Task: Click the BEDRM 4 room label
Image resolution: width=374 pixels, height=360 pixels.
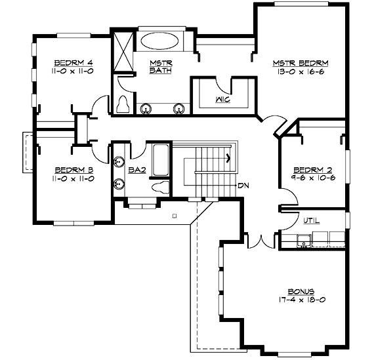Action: [x=73, y=63]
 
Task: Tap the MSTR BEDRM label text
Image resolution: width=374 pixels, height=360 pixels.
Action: [x=301, y=63]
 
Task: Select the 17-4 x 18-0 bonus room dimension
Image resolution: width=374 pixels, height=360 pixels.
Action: [x=302, y=300]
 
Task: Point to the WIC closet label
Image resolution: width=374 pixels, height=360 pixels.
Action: [x=223, y=100]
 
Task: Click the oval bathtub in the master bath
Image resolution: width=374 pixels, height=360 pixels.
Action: [x=159, y=41]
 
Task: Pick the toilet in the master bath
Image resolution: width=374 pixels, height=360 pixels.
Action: [x=123, y=104]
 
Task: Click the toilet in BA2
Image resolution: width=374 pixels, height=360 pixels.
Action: [x=160, y=187]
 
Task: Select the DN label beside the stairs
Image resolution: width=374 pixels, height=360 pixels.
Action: [x=243, y=186]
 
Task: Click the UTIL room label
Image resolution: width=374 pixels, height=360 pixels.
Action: [x=311, y=221]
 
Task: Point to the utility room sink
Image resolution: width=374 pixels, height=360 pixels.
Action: [x=304, y=240]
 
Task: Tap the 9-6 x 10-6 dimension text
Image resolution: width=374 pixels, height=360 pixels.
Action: [x=313, y=178]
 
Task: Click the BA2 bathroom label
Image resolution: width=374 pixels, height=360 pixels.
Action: [x=137, y=170]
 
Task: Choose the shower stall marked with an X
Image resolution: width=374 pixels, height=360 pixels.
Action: [x=123, y=51]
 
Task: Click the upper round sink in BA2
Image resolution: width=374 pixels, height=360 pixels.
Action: [x=119, y=162]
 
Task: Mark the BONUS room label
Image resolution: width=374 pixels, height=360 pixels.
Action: [x=301, y=292]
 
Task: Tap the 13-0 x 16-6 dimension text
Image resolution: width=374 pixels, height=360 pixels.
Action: [x=301, y=71]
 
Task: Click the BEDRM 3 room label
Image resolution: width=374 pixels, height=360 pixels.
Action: [x=74, y=170]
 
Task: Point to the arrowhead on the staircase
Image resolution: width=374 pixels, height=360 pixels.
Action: [x=228, y=157]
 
